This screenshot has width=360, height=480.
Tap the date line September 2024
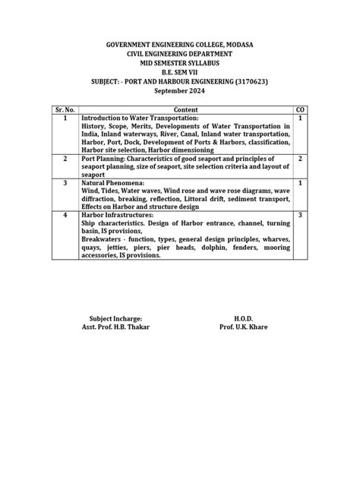pos(179,91)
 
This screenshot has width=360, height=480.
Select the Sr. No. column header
pos(66,109)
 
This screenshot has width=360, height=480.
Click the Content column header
pos(186,109)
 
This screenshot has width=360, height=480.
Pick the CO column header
pos(300,109)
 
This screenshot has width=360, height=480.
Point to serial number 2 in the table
pos(66,159)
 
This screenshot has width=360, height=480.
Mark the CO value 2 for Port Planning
pos(300,159)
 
